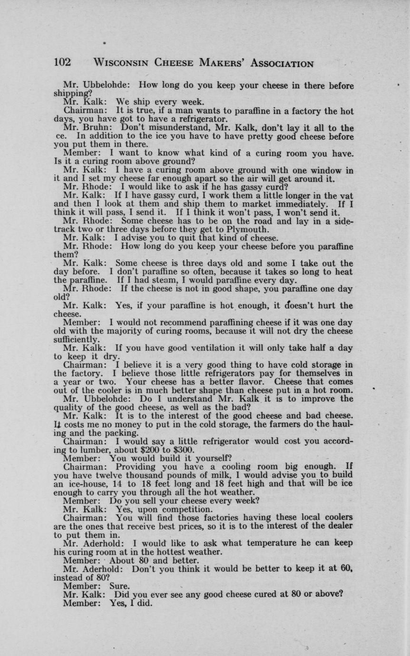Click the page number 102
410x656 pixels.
(62, 63)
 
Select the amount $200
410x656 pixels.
(151, 450)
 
